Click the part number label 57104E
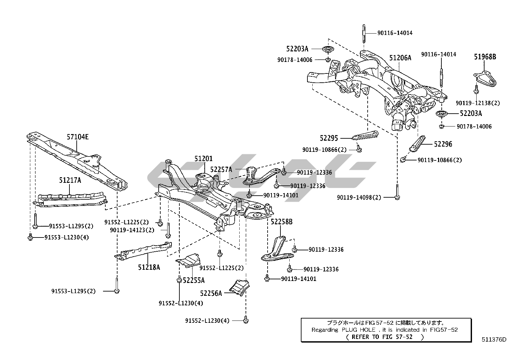coord(78,137)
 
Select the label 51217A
coord(70,180)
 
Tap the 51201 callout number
coord(203,159)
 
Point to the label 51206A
coord(400,58)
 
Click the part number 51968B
coord(485,57)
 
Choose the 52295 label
coord(329,138)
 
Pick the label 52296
coord(443,144)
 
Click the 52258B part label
coord(282,222)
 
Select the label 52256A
coord(211,293)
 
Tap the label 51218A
coord(149,267)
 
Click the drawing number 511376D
coord(494,340)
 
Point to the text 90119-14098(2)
coord(359,198)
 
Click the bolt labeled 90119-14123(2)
coord(168,230)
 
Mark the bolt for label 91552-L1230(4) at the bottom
coord(246,320)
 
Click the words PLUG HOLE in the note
coord(359,330)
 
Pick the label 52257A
coord(221,170)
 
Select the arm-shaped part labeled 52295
coord(365,135)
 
